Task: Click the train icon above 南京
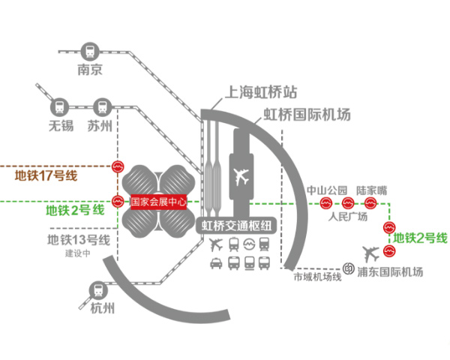click(x=90, y=52)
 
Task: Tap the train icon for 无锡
click(x=60, y=107)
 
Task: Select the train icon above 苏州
click(x=102, y=106)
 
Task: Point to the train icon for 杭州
click(x=97, y=290)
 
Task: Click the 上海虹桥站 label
click(x=260, y=92)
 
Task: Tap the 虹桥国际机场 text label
click(x=307, y=115)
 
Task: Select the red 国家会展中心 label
click(x=159, y=202)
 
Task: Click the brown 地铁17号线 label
click(x=46, y=175)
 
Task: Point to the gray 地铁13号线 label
click(x=79, y=240)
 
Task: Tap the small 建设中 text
click(x=78, y=253)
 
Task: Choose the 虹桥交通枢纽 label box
click(x=236, y=226)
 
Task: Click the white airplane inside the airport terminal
click(x=241, y=176)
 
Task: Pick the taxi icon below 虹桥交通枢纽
click(x=216, y=263)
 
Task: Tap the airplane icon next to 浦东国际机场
click(x=371, y=254)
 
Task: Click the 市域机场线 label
click(x=317, y=277)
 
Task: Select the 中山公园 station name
click(x=327, y=190)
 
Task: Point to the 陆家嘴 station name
click(x=372, y=190)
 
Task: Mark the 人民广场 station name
click(x=347, y=216)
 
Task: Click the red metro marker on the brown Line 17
click(x=118, y=166)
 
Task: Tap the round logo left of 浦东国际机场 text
click(x=349, y=268)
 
